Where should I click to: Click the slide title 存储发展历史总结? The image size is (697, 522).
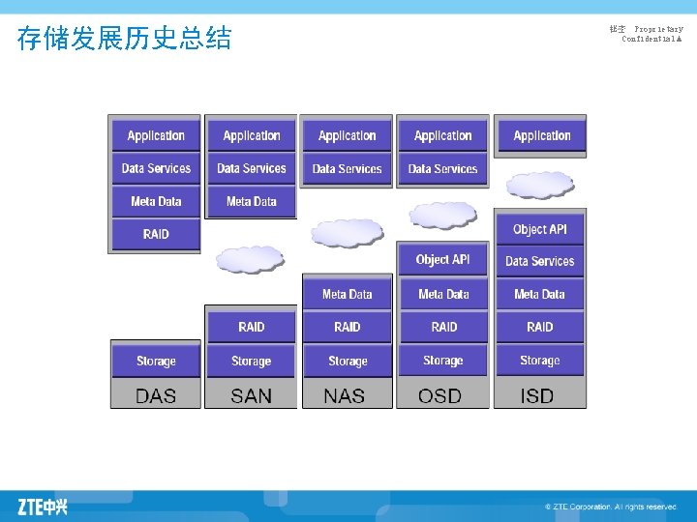tap(125, 39)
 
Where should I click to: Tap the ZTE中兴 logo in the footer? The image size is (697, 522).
tap(43, 506)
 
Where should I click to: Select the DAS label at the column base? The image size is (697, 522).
tap(156, 395)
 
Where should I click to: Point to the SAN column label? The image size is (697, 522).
tap(251, 395)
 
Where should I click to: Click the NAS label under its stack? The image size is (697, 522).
tap(345, 395)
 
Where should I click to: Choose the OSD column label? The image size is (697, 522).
tap(440, 395)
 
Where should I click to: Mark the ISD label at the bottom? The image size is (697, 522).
tap(538, 395)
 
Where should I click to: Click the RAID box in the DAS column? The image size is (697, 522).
tap(156, 234)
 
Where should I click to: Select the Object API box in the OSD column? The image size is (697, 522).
tap(442, 259)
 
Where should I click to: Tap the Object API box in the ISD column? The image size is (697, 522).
tap(539, 229)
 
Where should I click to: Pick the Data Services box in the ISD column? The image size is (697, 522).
tap(539, 261)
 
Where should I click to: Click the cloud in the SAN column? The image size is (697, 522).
tap(250, 258)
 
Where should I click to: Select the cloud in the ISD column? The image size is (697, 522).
tap(539, 184)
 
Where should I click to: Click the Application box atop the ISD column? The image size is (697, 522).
tap(541, 135)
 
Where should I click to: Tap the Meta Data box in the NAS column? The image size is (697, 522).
tap(347, 294)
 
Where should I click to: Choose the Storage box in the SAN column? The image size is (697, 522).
tap(251, 361)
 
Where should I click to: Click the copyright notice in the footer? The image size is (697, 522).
tap(610, 507)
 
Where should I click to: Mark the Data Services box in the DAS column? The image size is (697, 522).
tap(156, 168)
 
